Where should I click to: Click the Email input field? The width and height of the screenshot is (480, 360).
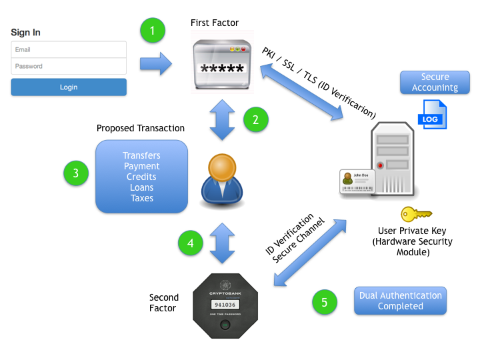(69, 49)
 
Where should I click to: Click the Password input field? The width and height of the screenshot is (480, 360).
(69, 66)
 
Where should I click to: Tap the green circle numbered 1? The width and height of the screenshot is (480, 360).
(153, 30)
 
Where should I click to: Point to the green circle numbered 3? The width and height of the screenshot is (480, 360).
(76, 173)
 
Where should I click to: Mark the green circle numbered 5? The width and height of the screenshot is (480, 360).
(325, 301)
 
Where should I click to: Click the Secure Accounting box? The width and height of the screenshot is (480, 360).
(435, 82)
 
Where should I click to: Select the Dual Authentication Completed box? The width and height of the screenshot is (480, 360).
(400, 301)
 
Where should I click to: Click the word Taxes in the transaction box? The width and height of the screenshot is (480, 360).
(142, 198)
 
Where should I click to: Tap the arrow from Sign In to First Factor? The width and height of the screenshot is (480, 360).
(155, 65)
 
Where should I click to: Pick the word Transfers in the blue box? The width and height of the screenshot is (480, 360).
(142, 155)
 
